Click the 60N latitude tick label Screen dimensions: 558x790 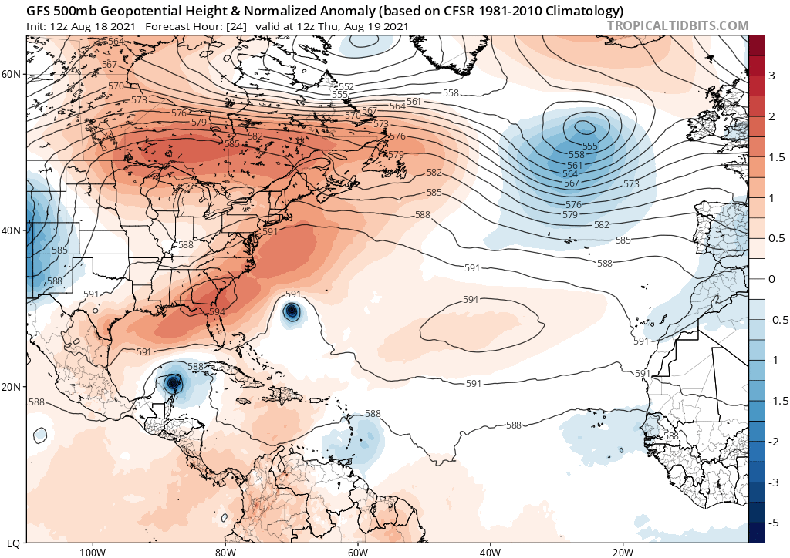12,74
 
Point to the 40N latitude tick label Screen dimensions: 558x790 12,230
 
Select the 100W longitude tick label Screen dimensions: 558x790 91,551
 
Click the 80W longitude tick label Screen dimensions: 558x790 225,551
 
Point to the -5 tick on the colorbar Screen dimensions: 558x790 771,523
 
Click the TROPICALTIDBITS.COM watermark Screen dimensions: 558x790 678,25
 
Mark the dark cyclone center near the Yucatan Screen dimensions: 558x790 173,382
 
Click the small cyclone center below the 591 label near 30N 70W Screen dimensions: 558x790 292,311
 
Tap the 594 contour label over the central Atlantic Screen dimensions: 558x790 470,300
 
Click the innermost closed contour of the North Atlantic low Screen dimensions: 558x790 583,126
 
